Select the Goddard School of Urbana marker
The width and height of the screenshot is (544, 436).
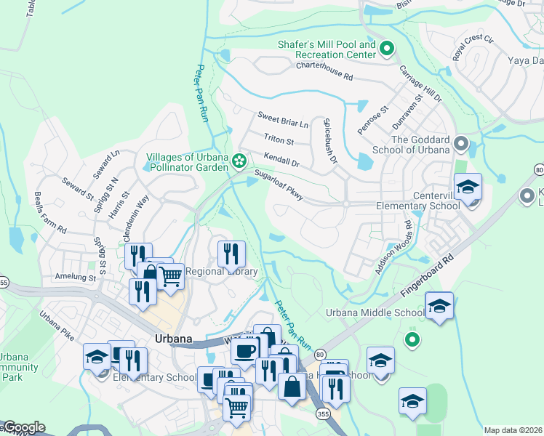pos(460,143)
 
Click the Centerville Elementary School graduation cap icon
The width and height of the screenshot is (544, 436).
pos(468,187)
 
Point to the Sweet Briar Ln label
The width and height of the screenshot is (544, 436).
pos(283,119)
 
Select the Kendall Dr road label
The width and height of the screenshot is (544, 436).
pos(281,159)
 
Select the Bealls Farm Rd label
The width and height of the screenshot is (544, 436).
pos(51,213)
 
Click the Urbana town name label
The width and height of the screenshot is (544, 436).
pos(173,339)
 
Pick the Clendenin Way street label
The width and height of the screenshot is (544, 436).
pos(136,219)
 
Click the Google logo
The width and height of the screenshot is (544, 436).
pos(23,427)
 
